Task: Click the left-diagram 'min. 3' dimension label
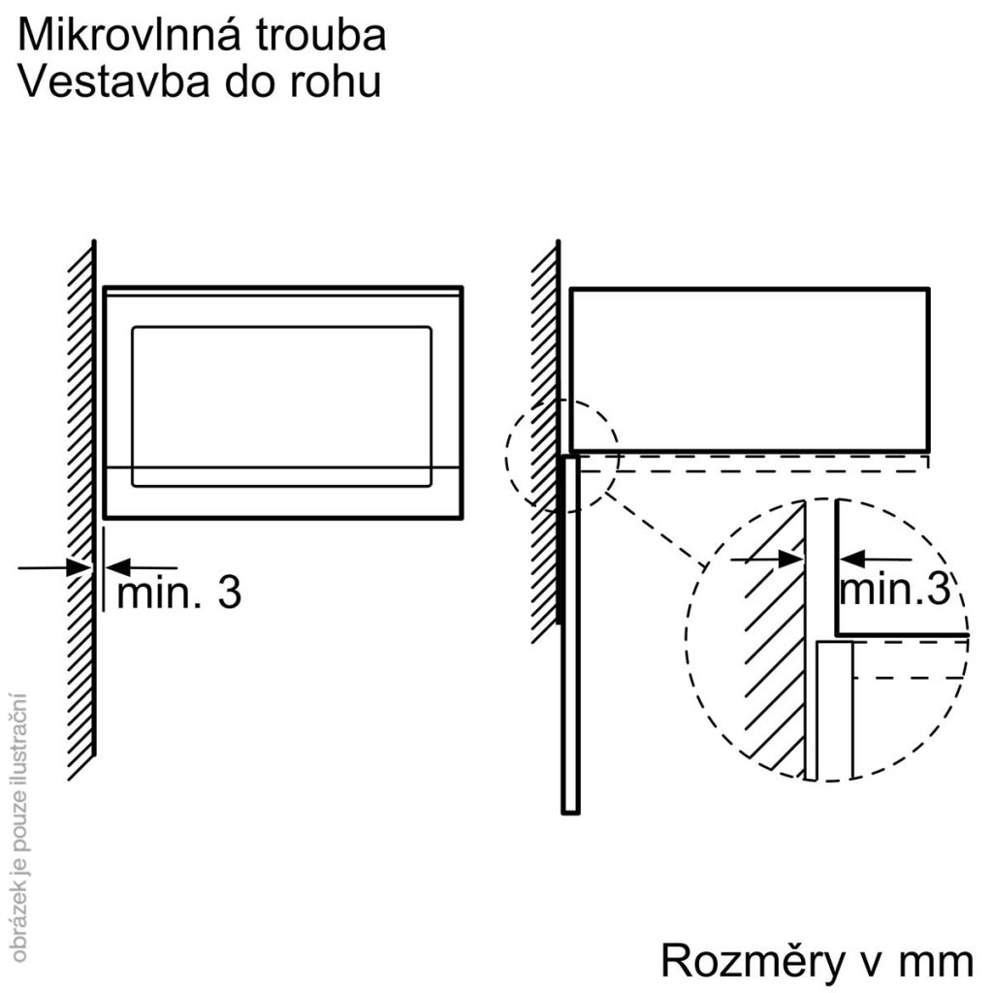coord(178,593)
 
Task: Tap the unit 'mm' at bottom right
coord(936,963)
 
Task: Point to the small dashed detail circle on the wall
coord(561,455)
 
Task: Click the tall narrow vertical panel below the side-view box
coord(570,630)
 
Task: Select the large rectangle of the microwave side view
coord(749,369)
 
